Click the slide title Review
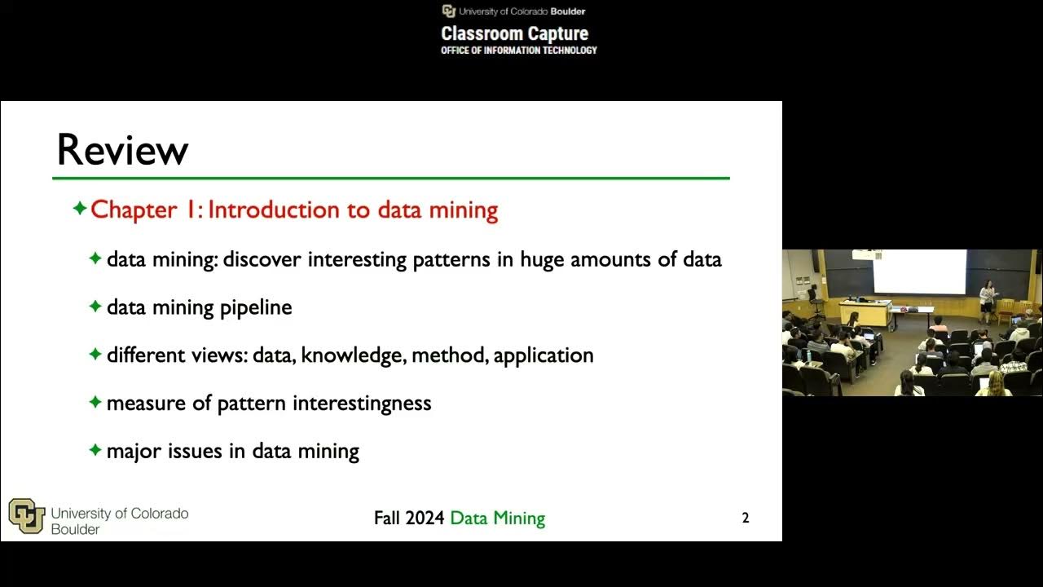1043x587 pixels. (122, 150)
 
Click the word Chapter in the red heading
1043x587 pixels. (134, 210)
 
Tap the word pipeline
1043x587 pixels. (256, 307)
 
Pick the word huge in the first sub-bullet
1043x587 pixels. (543, 260)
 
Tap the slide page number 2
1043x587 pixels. (745, 518)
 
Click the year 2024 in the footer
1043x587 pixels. (425, 518)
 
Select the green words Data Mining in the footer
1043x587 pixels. (497, 518)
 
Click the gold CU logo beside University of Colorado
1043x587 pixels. (26, 516)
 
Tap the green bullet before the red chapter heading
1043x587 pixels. (80, 209)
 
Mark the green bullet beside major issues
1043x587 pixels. (95, 450)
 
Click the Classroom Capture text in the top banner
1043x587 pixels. (514, 33)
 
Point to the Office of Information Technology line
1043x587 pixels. (519, 51)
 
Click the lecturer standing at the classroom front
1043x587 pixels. (988, 298)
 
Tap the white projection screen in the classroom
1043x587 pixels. (919, 271)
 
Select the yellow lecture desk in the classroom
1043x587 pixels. (865, 311)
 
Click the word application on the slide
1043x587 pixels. (544, 355)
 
